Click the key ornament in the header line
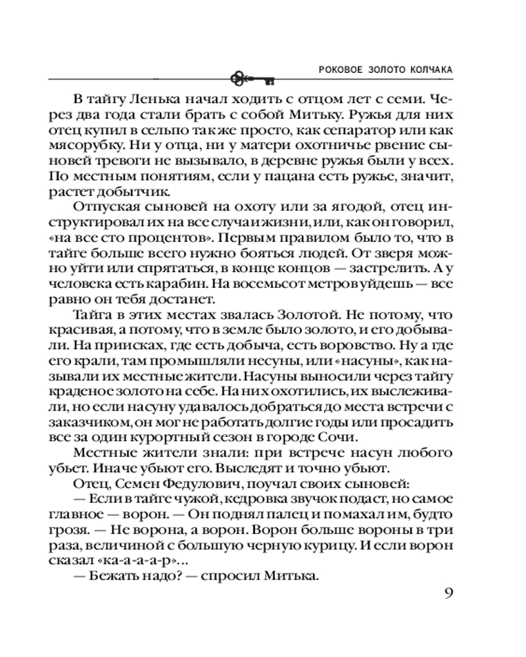253,79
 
